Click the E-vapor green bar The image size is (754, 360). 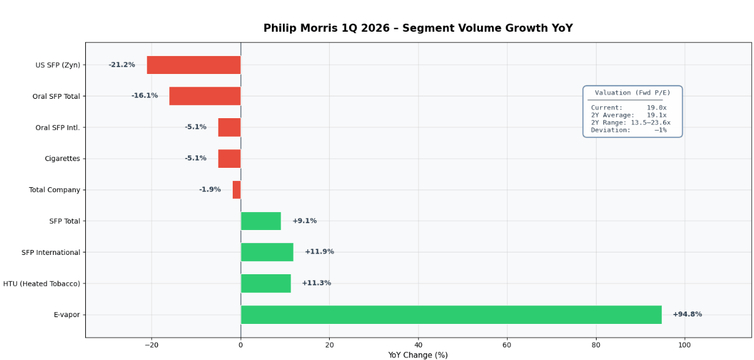[x=451, y=315]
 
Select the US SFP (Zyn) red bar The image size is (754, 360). [x=193, y=65]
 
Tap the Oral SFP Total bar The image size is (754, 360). [x=205, y=96]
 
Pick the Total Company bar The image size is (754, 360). [x=236, y=190]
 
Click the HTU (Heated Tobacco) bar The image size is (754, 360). [x=266, y=284]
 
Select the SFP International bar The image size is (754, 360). [x=267, y=252]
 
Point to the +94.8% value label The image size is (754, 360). [x=687, y=315]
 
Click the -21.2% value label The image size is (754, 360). [x=122, y=65]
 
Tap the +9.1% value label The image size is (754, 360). [x=304, y=221]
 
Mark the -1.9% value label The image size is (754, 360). [x=210, y=190]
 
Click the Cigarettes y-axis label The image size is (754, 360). [x=62, y=159]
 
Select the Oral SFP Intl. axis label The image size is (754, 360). [x=58, y=127]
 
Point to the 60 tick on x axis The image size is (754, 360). [x=507, y=345]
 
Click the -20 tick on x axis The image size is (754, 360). [x=152, y=345]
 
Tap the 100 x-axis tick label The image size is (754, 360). [x=684, y=345]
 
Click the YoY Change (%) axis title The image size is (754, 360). [x=417, y=355]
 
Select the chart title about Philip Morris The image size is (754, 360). [x=417, y=29]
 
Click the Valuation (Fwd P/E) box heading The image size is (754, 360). [x=632, y=93]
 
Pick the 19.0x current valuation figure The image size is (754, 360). [x=656, y=108]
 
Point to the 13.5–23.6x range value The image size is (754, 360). [x=650, y=123]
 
